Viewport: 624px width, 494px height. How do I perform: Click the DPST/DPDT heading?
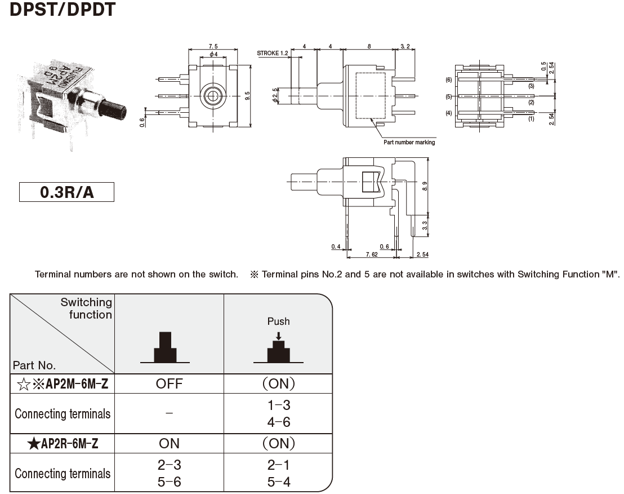tap(63, 10)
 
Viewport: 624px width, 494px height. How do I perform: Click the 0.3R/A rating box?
tap(66, 192)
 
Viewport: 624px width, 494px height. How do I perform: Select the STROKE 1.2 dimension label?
tap(273, 53)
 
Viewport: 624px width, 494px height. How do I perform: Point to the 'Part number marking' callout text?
tap(409, 142)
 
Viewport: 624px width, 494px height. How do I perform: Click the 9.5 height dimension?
tap(247, 95)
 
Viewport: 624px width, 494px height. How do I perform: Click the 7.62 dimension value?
tap(371, 255)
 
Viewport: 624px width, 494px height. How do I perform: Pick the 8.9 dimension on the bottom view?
tap(433, 186)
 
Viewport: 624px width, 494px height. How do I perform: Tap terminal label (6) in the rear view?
tap(449, 80)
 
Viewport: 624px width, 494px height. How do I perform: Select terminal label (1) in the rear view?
tap(531, 119)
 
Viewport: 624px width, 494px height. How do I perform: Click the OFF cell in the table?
tap(169, 384)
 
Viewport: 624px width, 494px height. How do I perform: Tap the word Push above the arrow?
tap(278, 321)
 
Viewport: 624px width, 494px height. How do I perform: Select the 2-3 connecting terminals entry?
tap(169, 465)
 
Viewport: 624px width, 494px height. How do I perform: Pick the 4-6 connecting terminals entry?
tap(278, 422)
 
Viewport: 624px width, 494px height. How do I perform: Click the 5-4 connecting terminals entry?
tap(278, 482)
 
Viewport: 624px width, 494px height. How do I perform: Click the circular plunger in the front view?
tap(212, 95)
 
